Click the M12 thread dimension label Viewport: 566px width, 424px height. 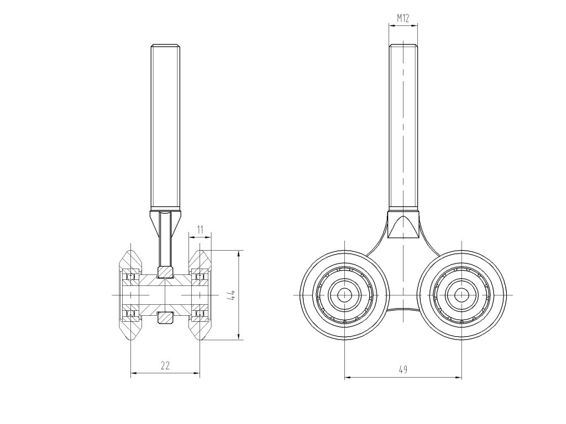click(x=403, y=18)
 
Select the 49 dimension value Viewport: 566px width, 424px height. click(x=403, y=369)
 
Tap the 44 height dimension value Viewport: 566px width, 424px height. click(x=233, y=295)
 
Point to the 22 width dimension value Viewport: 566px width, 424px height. click(x=165, y=365)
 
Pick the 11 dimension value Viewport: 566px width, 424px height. click(x=200, y=229)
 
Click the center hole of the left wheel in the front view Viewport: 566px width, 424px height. click(x=345, y=295)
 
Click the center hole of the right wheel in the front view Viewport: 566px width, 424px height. click(x=461, y=295)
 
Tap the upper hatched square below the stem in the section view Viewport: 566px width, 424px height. click(x=165, y=272)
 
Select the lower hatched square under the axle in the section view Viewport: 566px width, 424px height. click(x=165, y=317)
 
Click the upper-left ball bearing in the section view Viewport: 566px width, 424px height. click(x=130, y=276)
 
